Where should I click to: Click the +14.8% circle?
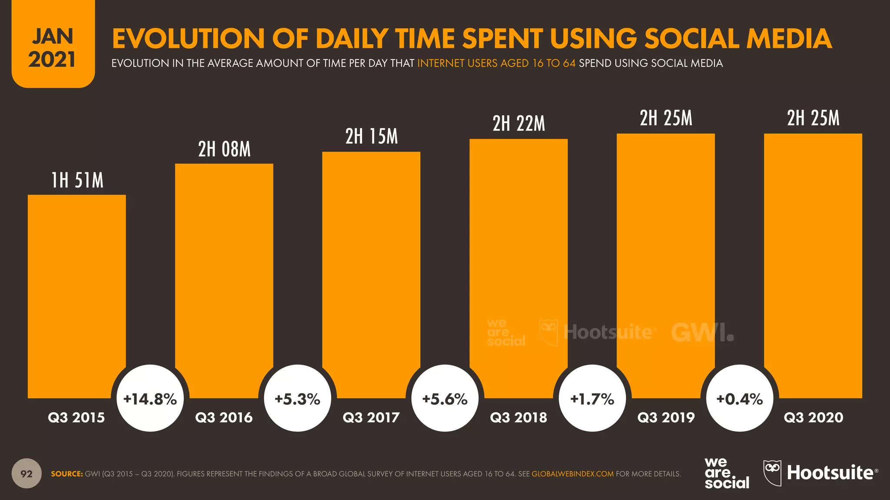pos(150,398)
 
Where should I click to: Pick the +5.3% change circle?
pos(298,398)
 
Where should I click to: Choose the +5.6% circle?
pos(445,398)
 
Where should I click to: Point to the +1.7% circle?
pos(592,398)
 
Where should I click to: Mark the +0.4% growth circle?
pos(740,398)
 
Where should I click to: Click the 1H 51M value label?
pos(77,181)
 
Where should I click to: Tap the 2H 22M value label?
pos(518,124)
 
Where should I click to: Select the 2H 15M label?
pos(372,137)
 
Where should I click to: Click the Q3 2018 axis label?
pos(518,418)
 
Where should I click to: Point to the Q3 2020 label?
pos(814,418)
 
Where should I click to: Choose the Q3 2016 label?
pos(224,418)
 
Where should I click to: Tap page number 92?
pos(27,474)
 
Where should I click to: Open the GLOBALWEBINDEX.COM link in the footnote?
pos(572,474)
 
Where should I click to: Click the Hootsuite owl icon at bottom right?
pos(772,472)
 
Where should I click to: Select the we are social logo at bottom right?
pos(726,473)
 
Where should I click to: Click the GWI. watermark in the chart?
pos(702,332)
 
